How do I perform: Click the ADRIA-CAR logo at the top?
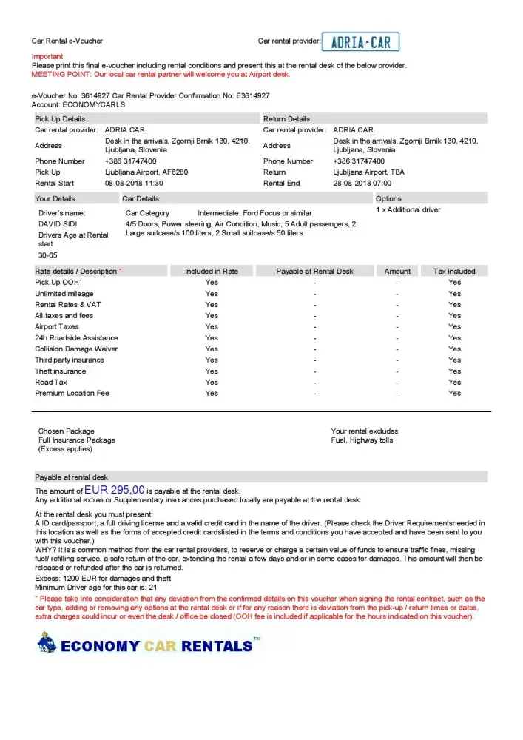(361, 41)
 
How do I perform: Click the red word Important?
(47, 57)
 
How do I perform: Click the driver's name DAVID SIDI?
(58, 223)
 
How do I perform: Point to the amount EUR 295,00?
(114, 490)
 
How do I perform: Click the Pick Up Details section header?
(60, 118)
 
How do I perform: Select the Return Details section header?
(286, 118)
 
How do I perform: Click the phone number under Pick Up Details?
(131, 161)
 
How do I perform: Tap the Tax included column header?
(454, 272)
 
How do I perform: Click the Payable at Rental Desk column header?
(314, 272)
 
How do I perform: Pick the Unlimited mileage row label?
(64, 294)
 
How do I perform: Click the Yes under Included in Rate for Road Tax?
(212, 383)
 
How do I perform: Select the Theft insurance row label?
(61, 371)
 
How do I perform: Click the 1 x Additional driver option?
(408, 210)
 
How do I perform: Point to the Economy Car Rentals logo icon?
(46, 644)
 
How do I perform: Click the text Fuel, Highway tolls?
(362, 440)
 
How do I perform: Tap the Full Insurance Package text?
(77, 440)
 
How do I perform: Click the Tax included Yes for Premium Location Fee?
(454, 394)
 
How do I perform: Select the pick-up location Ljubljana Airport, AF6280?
(146, 172)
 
